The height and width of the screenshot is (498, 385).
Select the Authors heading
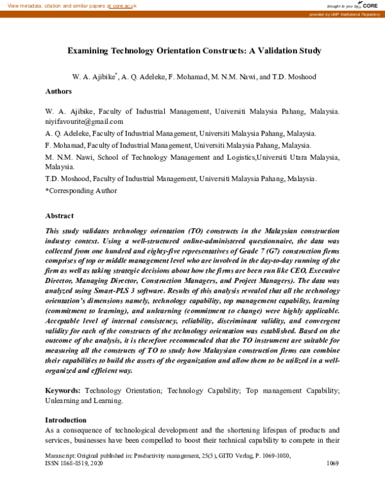click(x=58, y=91)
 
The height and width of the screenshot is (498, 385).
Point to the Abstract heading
click(x=59, y=216)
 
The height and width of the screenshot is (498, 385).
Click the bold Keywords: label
click(x=64, y=391)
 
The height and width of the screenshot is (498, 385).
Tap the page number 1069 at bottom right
click(x=332, y=463)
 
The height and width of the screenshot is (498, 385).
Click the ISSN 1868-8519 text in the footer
click(x=68, y=463)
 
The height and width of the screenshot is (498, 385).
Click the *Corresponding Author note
click(x=81, y=191)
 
